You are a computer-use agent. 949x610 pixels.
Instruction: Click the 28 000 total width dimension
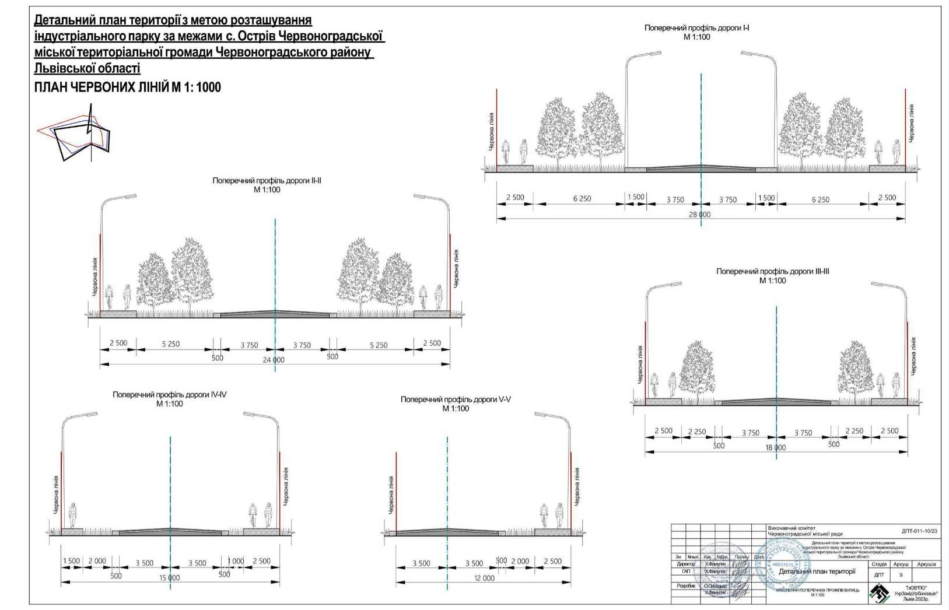(x=699, y=214)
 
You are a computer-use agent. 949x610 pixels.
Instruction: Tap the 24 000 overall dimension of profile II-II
(x=273, y=360)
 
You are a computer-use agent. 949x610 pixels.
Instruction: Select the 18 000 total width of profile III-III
(x=775, y=447)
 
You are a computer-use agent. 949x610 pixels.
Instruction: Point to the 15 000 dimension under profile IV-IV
(x=169, y=577)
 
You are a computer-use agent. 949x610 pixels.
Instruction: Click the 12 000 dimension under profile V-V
(x=484, y=578)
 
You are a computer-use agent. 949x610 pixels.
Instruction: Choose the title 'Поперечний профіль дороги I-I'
(x=696, y=27)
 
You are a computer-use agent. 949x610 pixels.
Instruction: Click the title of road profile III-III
(x=772, y=271)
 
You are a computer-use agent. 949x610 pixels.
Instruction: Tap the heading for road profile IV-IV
(x=169, y=395)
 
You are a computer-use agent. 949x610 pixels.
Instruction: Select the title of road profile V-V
(x=456, y=399)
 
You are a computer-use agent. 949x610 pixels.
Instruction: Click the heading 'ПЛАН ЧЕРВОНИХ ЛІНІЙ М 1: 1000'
(x=128, y=87)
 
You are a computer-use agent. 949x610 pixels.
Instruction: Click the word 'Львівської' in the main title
(x=87, y=69)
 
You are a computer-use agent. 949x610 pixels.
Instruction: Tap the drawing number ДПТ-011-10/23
(x=919, y=531)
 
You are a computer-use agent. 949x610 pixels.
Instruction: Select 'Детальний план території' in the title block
(x=817, y=572)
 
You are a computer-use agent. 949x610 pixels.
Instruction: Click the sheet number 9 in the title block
(x=901, y=575)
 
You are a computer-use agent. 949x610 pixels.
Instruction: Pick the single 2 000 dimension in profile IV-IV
(x=97, y=561)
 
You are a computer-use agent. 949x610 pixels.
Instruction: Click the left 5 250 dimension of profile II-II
(x=170, y=344)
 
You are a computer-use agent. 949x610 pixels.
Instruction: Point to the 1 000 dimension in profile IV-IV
(x=236, y=561)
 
